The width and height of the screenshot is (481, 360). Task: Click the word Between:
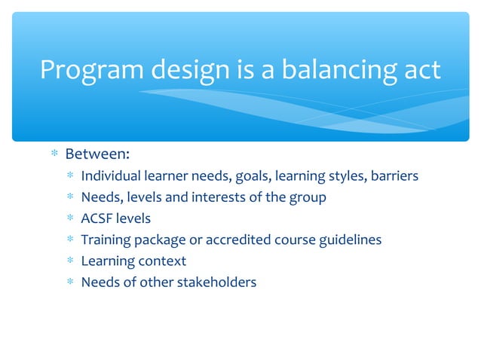point(97,154)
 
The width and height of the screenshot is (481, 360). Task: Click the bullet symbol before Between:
point(54,155)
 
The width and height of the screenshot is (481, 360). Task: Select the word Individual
point(110,176)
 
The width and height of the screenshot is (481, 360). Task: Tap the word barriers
point(391,176)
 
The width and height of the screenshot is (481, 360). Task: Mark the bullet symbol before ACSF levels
point(69,219)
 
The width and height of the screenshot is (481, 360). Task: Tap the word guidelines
point(345,239)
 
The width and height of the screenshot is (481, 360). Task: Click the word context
point(161,261)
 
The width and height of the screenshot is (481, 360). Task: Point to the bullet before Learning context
point(69,261)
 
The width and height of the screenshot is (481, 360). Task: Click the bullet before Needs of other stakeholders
point(69,283)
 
